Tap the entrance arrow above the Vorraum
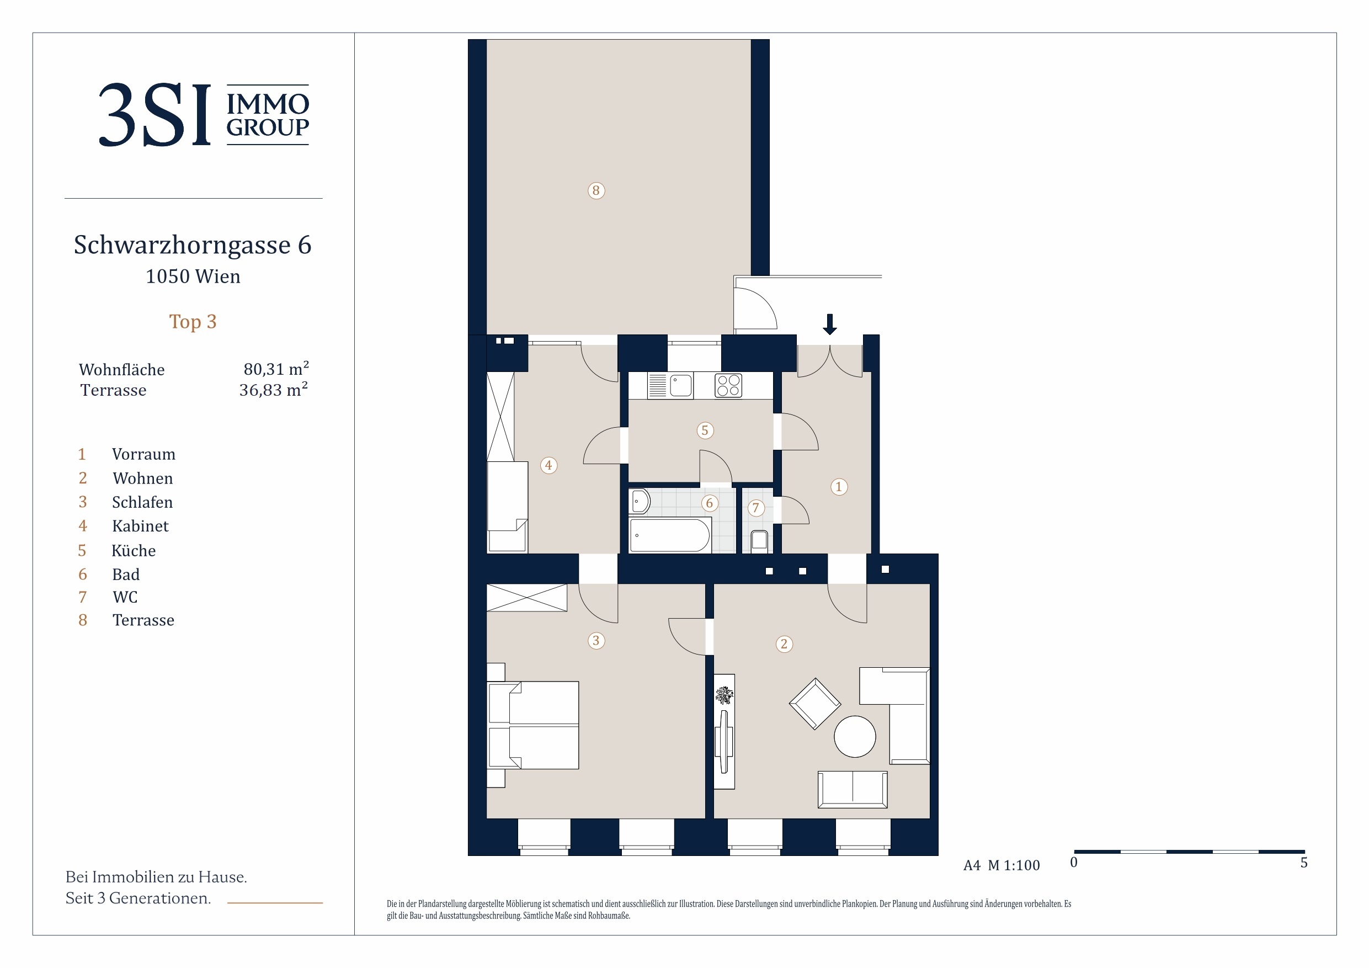829,324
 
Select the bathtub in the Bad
669,534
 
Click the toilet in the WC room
759,540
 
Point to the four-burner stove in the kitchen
728,385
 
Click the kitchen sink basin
681,385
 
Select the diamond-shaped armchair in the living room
814,704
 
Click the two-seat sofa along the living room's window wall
852,790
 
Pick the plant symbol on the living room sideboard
724,695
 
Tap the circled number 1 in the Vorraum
838,487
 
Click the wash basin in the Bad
639,502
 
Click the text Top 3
193,322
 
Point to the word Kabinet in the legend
140,526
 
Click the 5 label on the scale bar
1304,863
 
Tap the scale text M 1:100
1014,865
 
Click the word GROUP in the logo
268,127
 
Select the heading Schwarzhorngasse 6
193,244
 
